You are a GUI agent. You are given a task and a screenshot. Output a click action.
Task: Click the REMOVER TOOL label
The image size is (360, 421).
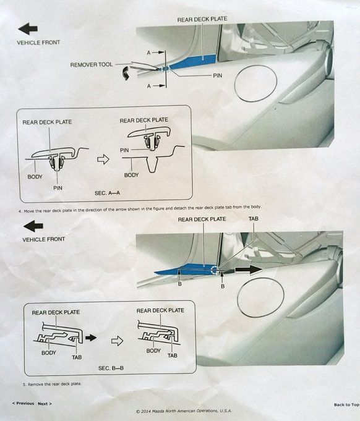92,65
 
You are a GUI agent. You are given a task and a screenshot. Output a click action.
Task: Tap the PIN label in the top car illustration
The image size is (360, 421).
217,75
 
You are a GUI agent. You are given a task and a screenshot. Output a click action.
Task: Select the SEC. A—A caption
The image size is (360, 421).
107,193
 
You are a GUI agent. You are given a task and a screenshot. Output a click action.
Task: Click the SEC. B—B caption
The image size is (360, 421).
111,368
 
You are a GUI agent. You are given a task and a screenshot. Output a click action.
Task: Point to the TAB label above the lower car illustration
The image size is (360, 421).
254,219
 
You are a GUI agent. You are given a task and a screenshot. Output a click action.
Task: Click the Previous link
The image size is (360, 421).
24,404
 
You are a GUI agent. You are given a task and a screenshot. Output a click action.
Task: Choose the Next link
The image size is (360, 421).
45,404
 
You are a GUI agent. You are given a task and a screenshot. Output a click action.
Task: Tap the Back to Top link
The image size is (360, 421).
346,405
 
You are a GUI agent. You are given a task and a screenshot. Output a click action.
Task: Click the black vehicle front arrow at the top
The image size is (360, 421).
28,28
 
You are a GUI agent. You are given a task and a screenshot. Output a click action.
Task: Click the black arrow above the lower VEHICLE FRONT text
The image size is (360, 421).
33,226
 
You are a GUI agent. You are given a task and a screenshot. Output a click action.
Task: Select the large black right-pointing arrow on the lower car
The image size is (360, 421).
249,270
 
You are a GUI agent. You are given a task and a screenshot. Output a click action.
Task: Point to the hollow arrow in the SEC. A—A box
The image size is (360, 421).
103,159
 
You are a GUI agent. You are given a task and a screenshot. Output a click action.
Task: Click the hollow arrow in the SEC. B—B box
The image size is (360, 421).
117,341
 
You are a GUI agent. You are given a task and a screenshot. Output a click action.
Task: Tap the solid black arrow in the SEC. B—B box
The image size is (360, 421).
91,338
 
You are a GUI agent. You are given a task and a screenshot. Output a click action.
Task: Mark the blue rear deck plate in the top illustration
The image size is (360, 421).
193,62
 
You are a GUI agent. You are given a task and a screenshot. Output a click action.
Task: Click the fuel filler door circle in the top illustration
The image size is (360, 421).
255,83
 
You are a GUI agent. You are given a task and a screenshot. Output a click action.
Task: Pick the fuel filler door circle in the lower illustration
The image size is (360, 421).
260,297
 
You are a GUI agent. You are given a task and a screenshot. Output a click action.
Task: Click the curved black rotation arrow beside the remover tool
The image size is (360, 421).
125,74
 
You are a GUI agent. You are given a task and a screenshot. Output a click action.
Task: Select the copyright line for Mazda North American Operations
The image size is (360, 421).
184,411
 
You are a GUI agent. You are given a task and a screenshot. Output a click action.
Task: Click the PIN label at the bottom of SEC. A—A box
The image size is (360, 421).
58,188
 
